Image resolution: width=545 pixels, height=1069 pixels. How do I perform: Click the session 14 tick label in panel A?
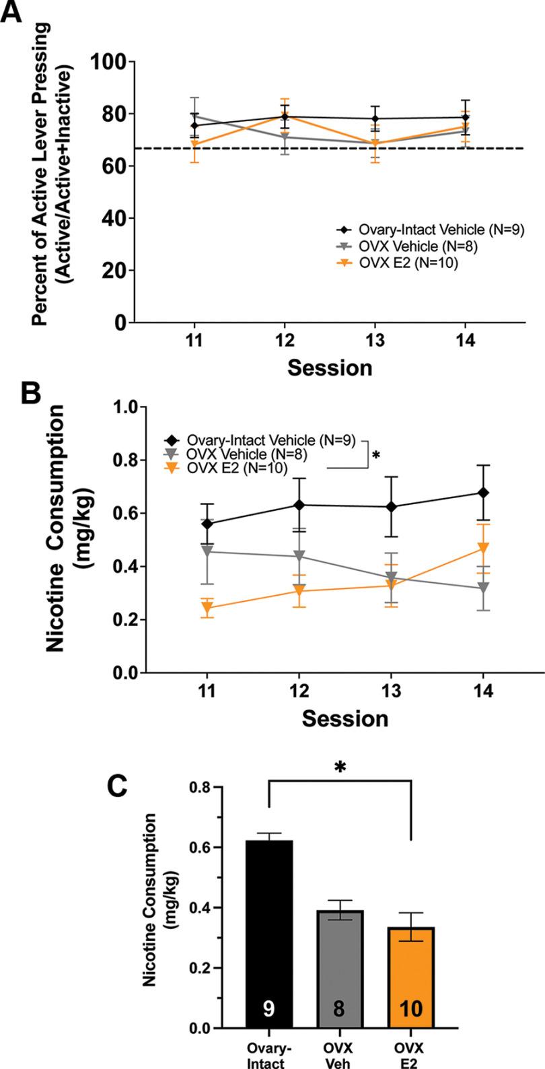[x=464, y=341]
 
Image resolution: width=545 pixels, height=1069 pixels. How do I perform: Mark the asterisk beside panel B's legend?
[x=375, y=456]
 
